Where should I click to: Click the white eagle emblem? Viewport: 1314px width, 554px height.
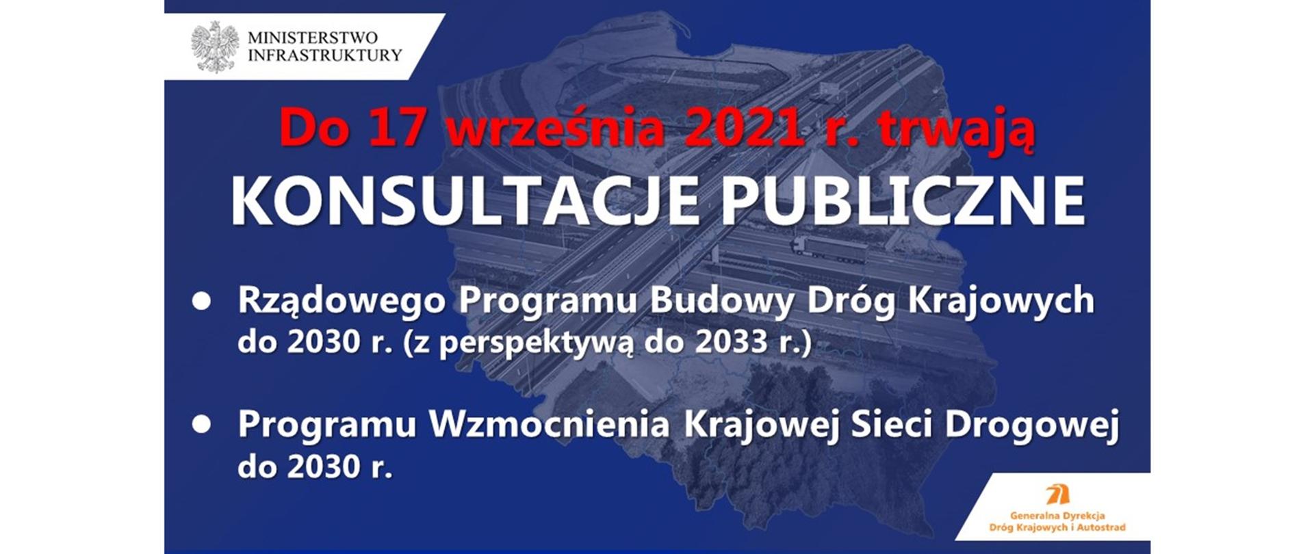[215, 47]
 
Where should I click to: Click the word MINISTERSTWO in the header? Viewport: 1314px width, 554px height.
[312, 38]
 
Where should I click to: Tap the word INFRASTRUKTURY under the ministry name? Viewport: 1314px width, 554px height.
[324, 56]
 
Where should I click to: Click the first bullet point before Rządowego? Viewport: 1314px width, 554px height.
[201, 302]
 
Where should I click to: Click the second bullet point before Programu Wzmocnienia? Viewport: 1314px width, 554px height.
[201, 425]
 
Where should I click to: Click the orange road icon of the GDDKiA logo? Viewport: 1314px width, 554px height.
[1058, 493]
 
